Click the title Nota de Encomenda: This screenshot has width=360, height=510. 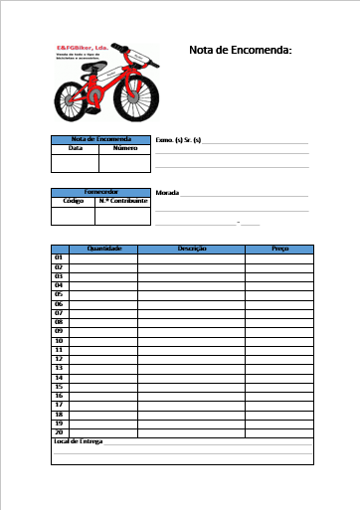pos(240,50)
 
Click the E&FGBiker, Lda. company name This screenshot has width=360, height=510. pos(82,47)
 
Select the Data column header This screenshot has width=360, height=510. pos(75,148)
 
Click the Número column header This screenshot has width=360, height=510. pos(124,148)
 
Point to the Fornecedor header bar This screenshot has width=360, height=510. pos(99,191)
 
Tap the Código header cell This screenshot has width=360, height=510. pos(73,200)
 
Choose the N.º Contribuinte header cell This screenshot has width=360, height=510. pos(122,200)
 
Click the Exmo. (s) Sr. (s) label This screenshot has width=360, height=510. pos(179,140)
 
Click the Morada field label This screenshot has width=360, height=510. pos(168,192)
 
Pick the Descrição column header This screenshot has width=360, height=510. pos(191,249)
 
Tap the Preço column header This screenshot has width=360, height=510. pos(279,249)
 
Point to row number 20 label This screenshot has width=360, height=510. pos(59,432)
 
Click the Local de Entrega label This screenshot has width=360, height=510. pos(78,441)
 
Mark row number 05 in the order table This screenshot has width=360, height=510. pos(59,294)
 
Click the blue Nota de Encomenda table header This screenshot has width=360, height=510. pos(99,139)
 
